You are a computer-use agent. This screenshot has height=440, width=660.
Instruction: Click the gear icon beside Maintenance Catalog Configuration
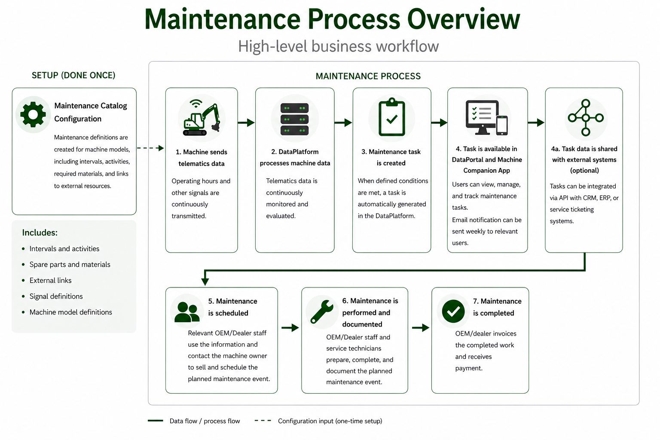33,114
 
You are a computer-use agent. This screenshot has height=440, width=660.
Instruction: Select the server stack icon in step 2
295,119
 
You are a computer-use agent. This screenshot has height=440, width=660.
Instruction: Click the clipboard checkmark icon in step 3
391,117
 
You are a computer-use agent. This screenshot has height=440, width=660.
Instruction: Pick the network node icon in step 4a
585,118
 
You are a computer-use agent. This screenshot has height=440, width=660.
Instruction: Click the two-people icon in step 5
187,312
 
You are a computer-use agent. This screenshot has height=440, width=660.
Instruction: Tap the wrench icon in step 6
322,312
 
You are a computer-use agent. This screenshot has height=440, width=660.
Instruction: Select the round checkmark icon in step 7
453,312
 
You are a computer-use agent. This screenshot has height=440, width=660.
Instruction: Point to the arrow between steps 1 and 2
246,122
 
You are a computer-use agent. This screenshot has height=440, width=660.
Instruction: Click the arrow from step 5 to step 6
290,328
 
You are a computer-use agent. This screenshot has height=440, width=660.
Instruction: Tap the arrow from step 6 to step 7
420,328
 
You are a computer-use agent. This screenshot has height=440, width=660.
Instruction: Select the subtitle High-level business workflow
338,46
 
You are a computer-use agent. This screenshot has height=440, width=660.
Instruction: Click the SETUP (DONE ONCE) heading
73,76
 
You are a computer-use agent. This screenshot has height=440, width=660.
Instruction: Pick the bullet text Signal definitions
56,296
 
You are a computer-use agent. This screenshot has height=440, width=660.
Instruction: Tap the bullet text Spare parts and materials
70,265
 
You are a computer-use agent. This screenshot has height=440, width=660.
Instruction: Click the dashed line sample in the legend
263,421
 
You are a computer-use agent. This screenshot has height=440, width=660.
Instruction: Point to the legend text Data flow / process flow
205,421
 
